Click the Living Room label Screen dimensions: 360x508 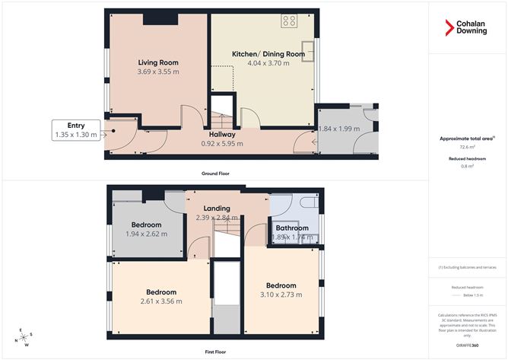click(157, 62)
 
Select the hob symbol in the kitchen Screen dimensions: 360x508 click(289, 21)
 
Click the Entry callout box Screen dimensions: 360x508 click(76, 130)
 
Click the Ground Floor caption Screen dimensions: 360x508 click(216, 174)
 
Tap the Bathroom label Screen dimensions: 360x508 click(292, 228)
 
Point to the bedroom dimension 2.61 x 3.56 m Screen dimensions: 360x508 click(160, 301)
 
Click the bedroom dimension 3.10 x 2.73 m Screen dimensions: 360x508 click(281, 295)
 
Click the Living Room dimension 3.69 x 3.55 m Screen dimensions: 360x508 click(157, 72)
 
